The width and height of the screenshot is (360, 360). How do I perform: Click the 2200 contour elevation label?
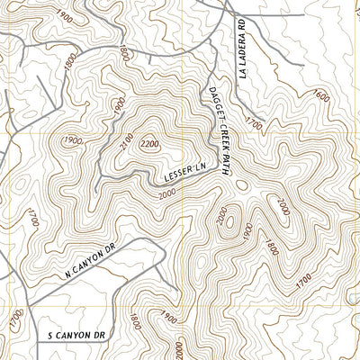point(149,143)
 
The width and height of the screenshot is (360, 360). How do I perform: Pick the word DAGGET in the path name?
point(211,104)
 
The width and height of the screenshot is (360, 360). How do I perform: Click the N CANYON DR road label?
point(92,261)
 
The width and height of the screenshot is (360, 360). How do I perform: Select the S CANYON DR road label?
point(76,335)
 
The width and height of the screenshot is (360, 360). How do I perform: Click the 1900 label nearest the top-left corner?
point(60,15)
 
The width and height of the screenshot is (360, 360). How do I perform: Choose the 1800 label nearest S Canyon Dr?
point(135,320)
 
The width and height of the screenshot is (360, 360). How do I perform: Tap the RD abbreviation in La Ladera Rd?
point(243,21)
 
